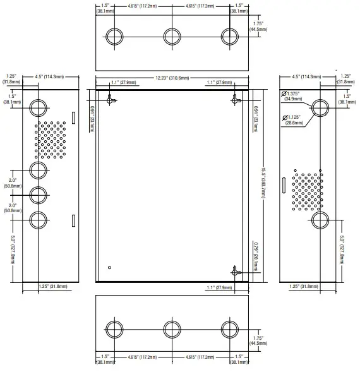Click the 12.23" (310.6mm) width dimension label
tap(172, 78)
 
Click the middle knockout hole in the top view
tap(172, 35)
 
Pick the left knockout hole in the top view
tap(115, 35)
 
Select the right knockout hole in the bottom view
tap(230, 329)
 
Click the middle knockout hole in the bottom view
tap(172, 329)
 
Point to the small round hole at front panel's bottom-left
tap(109, 266)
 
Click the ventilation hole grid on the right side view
tap(307, 189)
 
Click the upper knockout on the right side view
tap(320, 107)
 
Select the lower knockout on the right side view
tap(320, 220)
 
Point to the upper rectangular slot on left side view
tap(73, 118)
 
